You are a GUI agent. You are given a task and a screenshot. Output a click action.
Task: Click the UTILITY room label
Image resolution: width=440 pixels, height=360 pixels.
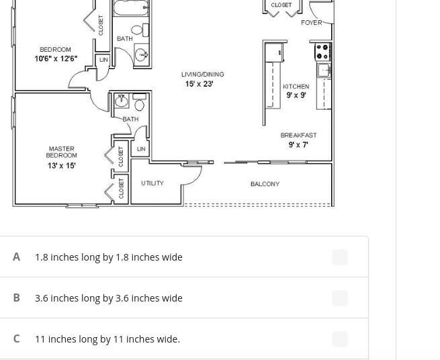pos(152,183)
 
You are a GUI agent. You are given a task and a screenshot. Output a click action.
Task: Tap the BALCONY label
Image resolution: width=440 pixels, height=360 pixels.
pos(265,184)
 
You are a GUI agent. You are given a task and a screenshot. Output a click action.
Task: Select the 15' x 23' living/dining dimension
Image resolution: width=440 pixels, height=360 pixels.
pos(200,84)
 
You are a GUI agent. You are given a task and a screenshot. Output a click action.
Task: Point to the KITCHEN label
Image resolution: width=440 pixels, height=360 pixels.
pos(296,87)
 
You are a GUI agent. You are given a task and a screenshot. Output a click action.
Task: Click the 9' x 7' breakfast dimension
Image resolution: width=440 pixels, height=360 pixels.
pos(298,145)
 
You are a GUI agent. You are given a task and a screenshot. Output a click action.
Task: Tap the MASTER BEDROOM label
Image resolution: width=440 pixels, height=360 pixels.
pos(61,152)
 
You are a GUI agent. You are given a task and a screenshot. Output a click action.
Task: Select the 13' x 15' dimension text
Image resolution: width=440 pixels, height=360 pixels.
pos(61,165)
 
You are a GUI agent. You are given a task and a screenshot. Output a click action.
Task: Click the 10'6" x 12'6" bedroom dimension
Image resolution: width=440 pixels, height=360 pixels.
pos(56,58)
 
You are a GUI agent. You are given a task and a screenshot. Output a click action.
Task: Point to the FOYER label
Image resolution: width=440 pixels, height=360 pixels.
pos(312,23)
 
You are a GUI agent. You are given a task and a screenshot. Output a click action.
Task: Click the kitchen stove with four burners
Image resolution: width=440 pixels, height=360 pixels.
pos(322,52)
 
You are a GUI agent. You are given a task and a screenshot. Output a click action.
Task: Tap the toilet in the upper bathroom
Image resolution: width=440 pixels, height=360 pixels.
pos(140,30)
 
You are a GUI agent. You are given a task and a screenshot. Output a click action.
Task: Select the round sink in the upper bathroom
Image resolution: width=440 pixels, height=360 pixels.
pos(141,54)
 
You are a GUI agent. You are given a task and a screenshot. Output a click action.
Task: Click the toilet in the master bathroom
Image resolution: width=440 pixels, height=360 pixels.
pos(140,102)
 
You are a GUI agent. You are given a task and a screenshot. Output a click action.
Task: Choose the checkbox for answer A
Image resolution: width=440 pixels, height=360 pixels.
pos(340,257)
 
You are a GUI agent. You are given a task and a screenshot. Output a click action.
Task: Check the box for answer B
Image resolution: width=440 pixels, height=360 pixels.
pos(340,298)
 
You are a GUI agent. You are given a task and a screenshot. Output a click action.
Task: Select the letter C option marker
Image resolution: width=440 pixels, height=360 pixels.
pos(17,339)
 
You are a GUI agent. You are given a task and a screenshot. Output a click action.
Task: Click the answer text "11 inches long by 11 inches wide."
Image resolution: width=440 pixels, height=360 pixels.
pos(107,339)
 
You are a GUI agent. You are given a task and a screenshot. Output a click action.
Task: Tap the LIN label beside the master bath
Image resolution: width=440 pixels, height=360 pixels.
pos(141,148)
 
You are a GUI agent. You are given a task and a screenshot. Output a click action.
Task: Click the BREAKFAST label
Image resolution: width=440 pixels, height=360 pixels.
pos(298,135)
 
